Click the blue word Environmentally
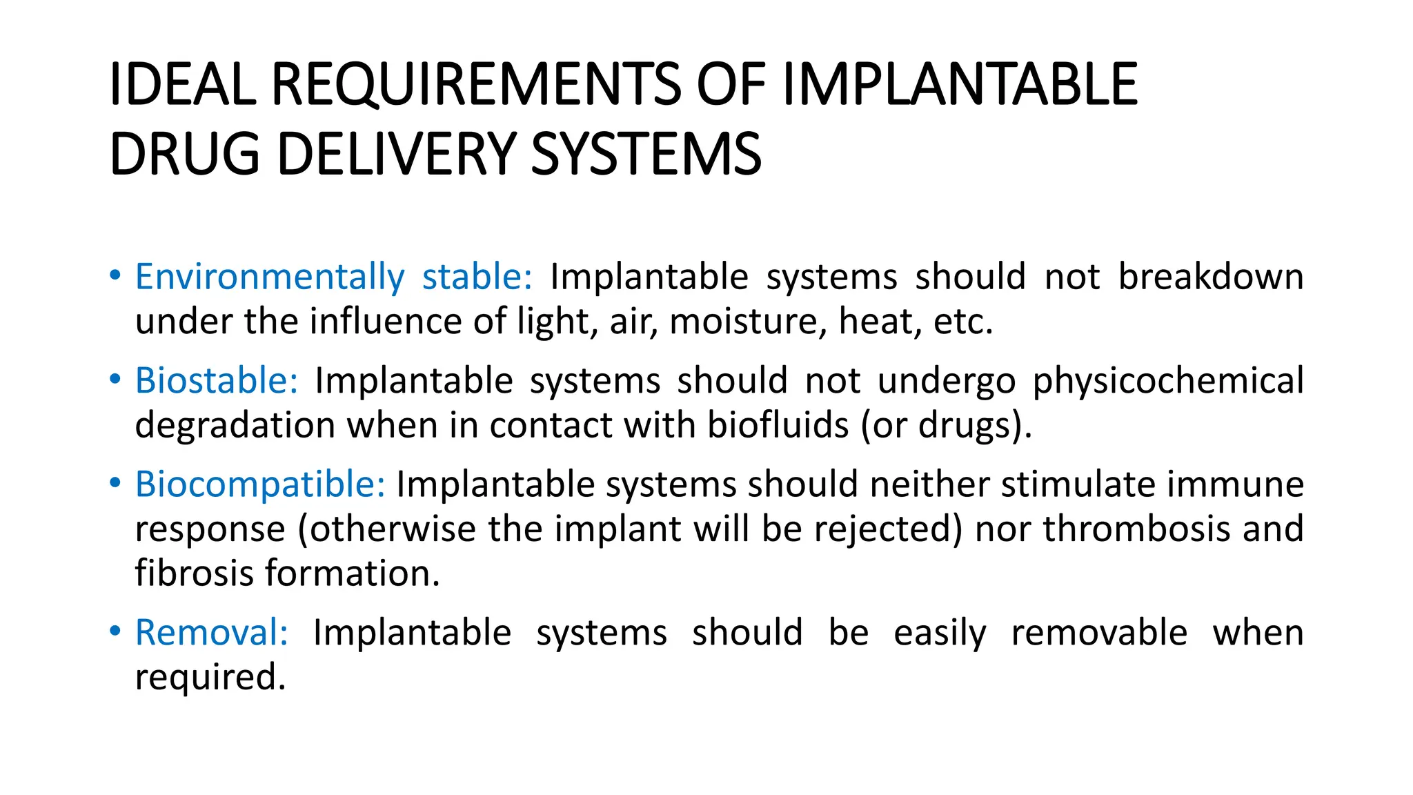coord(270,277)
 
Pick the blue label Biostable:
coord(216,380)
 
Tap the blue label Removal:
coord(211,632)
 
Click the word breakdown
coord(1211,277)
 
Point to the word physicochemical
coord(1168,380)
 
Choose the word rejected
coord(888,529)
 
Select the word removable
coord(1099,632)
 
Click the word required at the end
coord(210,678)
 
